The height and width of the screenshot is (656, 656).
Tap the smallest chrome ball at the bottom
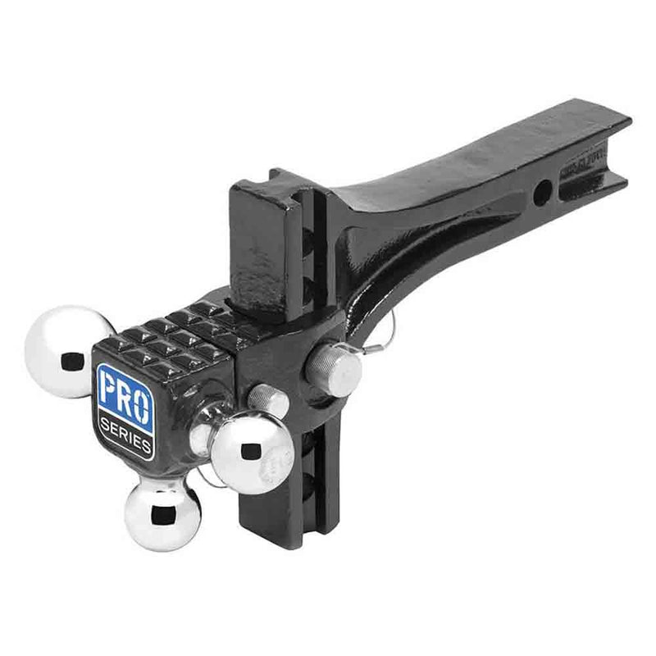coord(162,513)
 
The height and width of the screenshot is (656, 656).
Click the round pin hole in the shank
coord(542,194)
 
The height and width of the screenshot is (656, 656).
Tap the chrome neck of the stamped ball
coord(211,426)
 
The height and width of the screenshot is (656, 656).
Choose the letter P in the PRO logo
coord(107,389)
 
